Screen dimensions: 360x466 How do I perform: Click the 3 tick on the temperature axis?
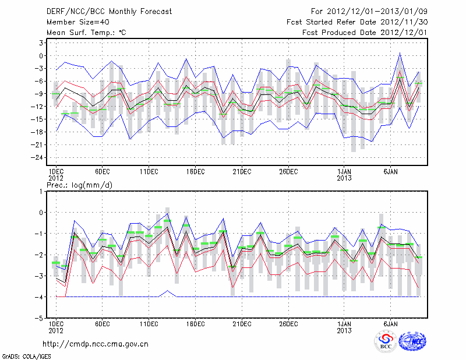43,43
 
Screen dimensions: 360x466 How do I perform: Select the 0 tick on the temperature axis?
43,56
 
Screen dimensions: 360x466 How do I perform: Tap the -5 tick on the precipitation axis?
41,319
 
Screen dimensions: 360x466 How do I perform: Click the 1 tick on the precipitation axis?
43,191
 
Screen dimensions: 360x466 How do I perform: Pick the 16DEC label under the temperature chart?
195,172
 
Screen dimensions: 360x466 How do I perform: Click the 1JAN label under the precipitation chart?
344,323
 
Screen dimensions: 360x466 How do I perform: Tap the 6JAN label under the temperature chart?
391,172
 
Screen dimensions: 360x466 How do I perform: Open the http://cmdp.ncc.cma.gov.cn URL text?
96,344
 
